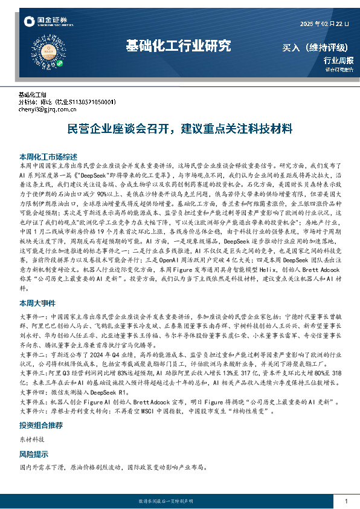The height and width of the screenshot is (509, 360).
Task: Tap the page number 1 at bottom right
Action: pyautogui.click(x=346, y=502)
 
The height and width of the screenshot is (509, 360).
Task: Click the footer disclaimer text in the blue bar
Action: pyautogui.click(x=179, y=502)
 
